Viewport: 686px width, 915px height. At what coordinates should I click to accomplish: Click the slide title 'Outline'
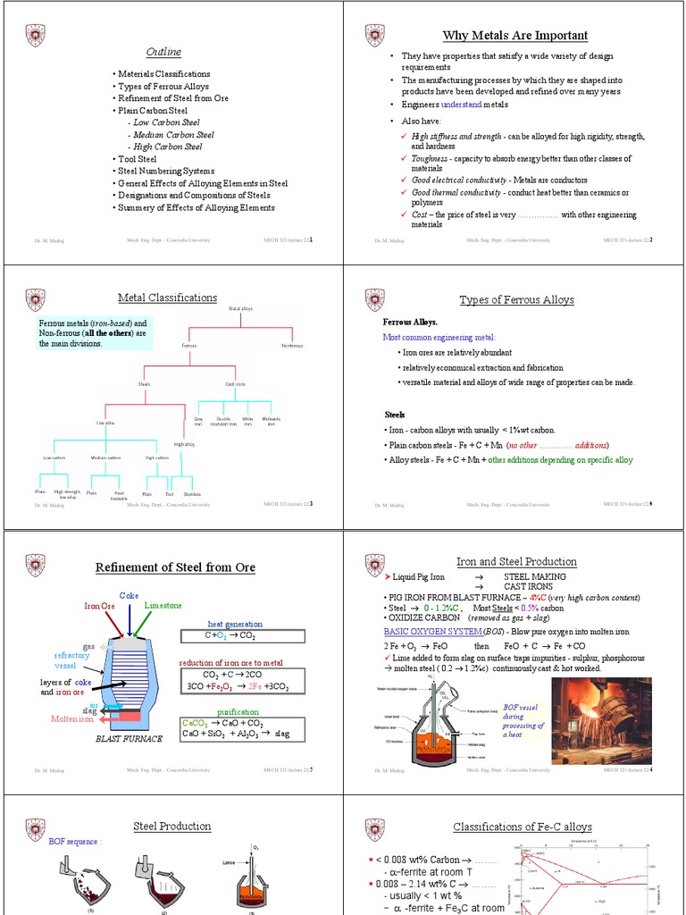pyautogui.click(x=163, y=52)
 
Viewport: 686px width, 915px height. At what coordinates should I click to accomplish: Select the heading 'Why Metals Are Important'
pyautogui.click(x=515, y=36)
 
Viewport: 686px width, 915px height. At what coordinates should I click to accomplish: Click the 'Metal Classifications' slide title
pyautogui.click(x=167, y=298)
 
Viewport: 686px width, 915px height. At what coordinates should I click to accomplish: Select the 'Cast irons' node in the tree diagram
pyautogui.click(x=235, y=384)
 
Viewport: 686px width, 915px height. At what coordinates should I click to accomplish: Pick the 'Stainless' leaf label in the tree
pyautogui.click(x=192, y=493)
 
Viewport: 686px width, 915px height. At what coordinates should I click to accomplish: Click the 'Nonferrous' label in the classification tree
pyautogui.click(x=292, y=345)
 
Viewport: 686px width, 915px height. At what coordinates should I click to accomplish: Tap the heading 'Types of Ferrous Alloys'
pyautogui.click(x=516, y=300)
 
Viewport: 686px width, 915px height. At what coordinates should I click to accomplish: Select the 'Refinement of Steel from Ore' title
pyautogui.click(x=175, y=567)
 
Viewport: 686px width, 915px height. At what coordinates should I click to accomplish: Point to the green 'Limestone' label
pyautogui.click(x=163, y=605)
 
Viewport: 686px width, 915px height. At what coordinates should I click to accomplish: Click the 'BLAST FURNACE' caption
pyautogui.click(x=129, y=739)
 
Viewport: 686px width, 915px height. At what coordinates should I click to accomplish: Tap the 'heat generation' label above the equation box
pyautogui.click(x=235, y=624)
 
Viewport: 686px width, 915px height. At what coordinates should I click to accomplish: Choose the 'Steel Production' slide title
pyautogui.click(x=172, y=827)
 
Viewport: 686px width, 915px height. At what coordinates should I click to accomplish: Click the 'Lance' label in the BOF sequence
pyautogui.click(x=228, y=862)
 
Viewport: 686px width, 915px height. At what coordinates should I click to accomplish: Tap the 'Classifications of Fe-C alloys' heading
pyautogui.click(x=516, y=827)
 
